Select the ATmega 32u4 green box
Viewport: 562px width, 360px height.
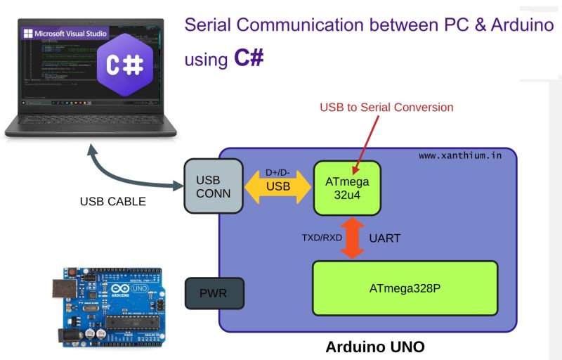click(347, 188)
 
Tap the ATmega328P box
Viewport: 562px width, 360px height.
click(405, 288)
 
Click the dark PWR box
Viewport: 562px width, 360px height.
click(214, 293)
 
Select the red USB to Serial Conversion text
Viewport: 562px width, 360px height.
click(386, 108)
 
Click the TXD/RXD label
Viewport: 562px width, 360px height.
click(322, 238)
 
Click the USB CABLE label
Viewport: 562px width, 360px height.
click(113, 202)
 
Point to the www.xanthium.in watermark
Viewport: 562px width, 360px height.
click(460, 155)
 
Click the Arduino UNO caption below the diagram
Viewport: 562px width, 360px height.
click(375, 347)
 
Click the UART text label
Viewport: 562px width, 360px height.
click(384, 238)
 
